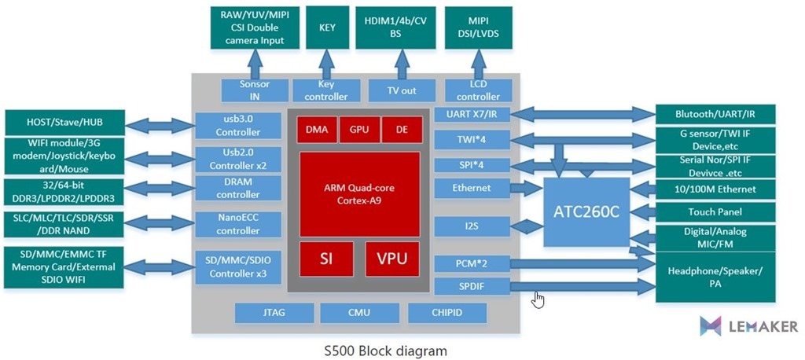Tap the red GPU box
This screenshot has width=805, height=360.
[x=358, y=129]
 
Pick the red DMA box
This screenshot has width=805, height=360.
[x=317, y=129]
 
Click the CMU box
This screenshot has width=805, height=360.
[x=358, y=313]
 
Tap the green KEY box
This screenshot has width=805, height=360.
[x=327, y=28]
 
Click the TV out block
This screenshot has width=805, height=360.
[x=402, y=90]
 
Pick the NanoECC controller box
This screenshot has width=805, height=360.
[x=238, y=224]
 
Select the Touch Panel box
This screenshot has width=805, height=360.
[x=715, y=212]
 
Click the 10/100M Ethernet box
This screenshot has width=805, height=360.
[x=715, y=189]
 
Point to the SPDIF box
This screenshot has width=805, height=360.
[x=472, y=286]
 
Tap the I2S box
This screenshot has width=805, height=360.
[x=472, y=226]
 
